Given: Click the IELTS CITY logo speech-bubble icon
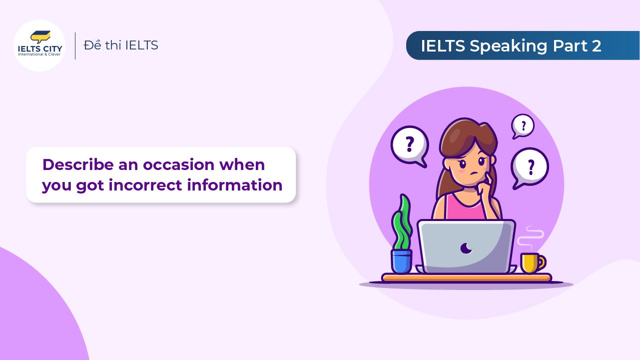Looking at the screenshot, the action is tap(40, 36).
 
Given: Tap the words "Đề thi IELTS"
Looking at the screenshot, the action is tap(121, 45).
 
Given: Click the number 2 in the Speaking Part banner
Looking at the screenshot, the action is tap(597, 46).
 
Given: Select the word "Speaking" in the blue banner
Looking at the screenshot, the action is tap(508, 46).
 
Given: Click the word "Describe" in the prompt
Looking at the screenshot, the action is tap(78, 164).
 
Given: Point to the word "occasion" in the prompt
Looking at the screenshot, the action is tap(178, 164).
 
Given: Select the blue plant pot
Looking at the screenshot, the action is tap(401, 261).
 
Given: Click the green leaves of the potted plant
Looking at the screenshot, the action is tap(402, 223).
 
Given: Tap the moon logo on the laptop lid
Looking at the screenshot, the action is tap(466, 248).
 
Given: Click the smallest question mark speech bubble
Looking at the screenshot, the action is tap(523, 126).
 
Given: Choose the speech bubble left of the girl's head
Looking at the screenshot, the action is tap(410, 146).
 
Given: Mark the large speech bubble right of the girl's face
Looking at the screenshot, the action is tap(530, 167).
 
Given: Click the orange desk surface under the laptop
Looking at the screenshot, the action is tap(467, 277).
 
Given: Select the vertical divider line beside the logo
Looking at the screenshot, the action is tap(75, 46).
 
